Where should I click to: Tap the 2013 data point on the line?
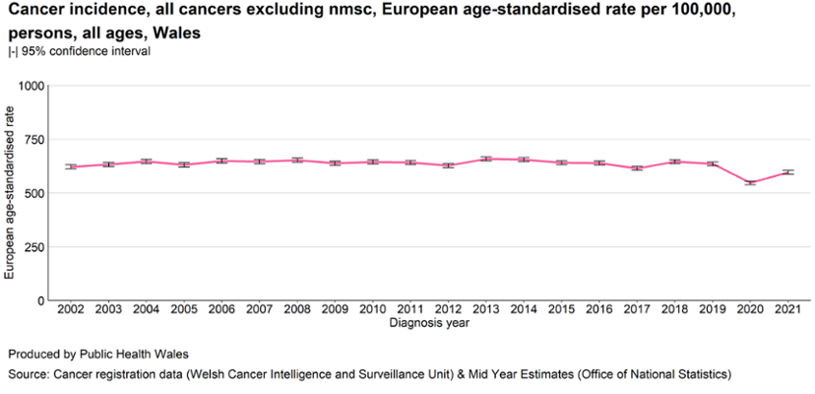(484, 159)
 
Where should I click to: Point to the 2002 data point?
(70, 166)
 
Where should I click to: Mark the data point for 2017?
(636, 168)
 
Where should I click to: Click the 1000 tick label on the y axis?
(32, 86)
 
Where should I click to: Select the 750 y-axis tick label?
(36, 140)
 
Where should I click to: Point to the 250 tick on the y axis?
(36, 246)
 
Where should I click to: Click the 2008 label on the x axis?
(296, 311)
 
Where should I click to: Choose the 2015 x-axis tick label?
(560, 311)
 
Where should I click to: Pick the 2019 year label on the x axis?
(712, 311)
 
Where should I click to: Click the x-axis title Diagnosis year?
(428, 323)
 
